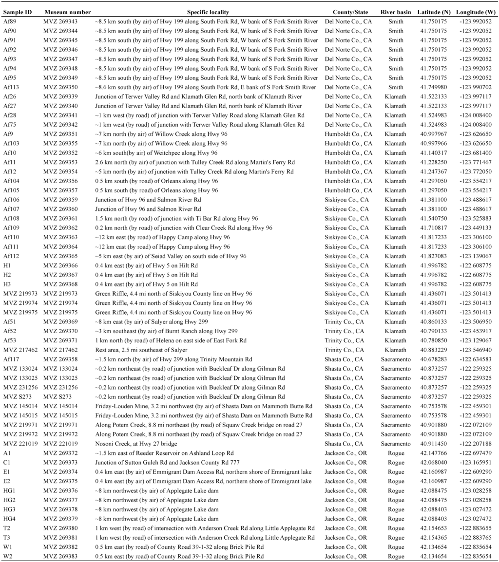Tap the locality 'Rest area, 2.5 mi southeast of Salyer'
coord(141,350)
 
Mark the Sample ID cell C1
coord(7,462)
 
